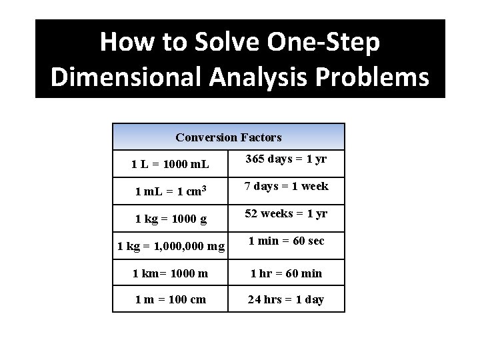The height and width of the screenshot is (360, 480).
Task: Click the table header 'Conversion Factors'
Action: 229,137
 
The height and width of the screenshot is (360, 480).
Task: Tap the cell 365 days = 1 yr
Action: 286,159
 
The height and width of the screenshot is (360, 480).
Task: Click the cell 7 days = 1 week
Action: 286,186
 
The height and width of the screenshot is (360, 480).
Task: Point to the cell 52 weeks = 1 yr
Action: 286,213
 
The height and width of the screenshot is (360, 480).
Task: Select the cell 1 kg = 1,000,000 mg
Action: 171,246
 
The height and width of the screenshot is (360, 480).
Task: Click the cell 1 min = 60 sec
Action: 286,241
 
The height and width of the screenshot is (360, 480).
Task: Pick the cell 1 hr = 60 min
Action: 286,273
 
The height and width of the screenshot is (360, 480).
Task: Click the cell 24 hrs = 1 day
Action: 286,299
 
